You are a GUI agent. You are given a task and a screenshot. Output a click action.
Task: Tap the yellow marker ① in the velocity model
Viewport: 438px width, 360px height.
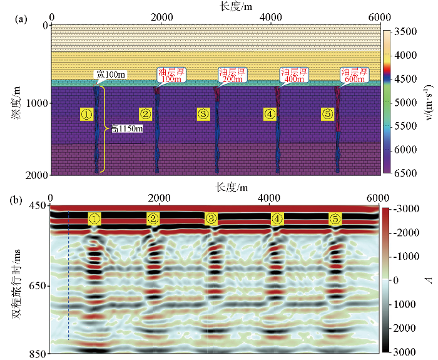(86, 114)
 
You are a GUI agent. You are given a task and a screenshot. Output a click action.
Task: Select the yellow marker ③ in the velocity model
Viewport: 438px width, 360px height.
(203, 114)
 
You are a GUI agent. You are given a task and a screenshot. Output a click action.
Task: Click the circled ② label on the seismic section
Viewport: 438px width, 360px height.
(153, 219)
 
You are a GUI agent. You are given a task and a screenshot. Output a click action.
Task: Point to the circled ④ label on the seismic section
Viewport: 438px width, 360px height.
(277, 219)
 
